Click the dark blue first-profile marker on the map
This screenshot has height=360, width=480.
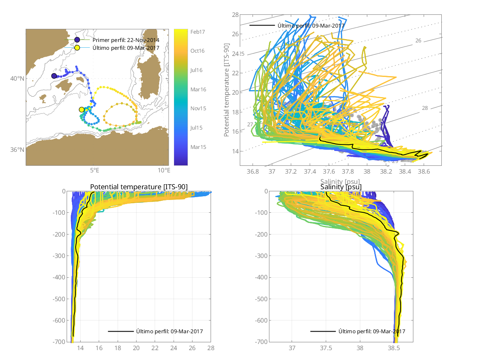pos(54,76)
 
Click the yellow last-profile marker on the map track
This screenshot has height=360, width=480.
pos(81,109)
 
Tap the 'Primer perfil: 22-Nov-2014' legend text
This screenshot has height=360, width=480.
pos(126,40)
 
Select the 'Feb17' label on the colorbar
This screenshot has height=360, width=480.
pos(198,32)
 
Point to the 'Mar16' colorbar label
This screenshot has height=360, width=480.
pos(198,89)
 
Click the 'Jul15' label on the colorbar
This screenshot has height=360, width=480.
pos(198,128)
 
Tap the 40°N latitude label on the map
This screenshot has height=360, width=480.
pos(18,79)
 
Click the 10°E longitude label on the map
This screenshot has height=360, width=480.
pos(164,170)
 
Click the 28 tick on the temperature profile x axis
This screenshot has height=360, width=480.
pos(211,348)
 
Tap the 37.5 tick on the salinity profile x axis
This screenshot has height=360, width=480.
pos(326,348)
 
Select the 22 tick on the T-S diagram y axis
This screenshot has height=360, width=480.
pos(235,73)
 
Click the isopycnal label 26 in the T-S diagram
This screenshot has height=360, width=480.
pos(418,41)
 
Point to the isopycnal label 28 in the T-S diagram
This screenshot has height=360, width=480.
pos(425,108)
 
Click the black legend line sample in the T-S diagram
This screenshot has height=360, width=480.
pos(262,25)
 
